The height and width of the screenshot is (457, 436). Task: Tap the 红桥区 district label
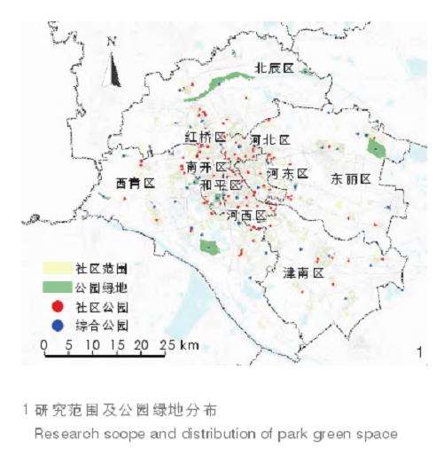coord(205,138)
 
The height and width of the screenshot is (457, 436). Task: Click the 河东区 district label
coord(286,174)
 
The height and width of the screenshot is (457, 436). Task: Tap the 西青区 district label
coord(135,183)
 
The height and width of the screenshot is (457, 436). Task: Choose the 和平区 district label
coord(222,185)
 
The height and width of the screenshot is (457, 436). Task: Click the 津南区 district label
coord(304,271)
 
